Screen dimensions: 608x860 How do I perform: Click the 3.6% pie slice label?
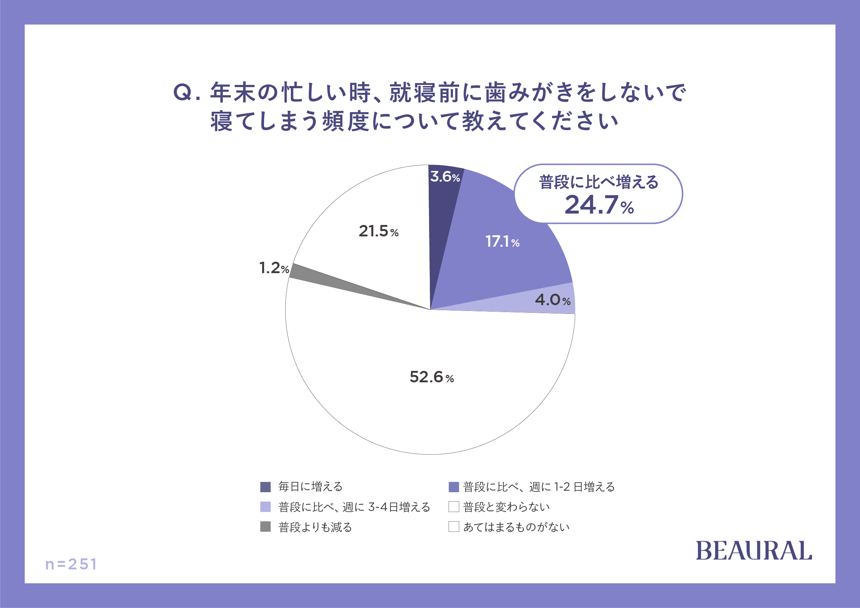[x=445, y=177]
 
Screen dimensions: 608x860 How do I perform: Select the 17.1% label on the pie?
[x=502, y=242]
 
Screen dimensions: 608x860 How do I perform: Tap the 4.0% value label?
[x=553, y=300]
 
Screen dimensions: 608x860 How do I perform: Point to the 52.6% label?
[x=432, y=377]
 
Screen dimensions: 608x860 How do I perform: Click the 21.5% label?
[x=378, y=231]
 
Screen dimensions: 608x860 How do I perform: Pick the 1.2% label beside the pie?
[x=274, y=268]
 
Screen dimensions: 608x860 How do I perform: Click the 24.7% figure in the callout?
[x=599, y=205]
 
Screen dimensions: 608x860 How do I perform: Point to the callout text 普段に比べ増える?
[x=599, y=182]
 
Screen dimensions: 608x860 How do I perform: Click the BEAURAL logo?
[x=754, y=551]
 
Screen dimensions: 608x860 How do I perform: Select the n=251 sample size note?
[x=71, y=564]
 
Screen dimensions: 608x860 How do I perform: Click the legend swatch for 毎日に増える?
[x=265, y=487]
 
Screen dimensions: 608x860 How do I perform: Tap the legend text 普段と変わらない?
[x=506, y=507]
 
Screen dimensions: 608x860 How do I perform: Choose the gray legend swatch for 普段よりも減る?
[x=265, y=527]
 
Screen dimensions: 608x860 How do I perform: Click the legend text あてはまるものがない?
[x=516, y=527]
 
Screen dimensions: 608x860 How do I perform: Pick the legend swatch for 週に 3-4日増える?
[x=265, y=507]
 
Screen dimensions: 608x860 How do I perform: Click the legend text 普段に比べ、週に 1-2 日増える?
[x=539, y=487]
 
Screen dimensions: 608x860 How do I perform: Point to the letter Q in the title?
[x=183, y=92]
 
